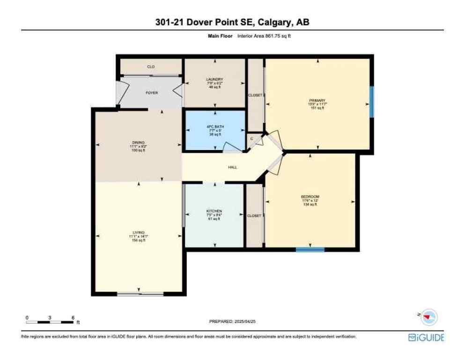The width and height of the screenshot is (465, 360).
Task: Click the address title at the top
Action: [232, 22]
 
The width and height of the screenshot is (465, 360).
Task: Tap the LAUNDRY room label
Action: [214, 79]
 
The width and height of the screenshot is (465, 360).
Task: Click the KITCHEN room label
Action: [214, 211]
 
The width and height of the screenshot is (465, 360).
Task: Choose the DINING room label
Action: [138, 142]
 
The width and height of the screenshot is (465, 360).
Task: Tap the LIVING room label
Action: [138, 232]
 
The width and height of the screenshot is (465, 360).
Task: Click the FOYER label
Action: [151, 93]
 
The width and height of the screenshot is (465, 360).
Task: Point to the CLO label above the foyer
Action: [151, 67]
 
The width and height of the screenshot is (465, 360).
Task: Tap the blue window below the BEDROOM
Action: [310, 249]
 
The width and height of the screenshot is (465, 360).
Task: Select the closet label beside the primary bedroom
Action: [255, 95]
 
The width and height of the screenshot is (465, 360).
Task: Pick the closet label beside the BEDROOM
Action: [254, 216]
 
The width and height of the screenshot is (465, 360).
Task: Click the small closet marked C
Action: [252, 139]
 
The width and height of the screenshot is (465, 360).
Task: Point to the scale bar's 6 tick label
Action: [73, 317]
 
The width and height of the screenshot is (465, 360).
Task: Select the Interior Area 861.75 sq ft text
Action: [267, 36]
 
